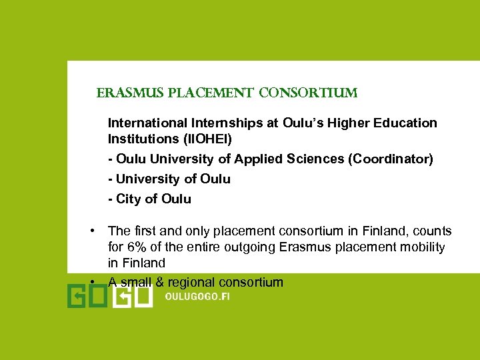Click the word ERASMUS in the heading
pyautogui.click(x=123, y=93)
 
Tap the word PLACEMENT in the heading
pyautogui.click(x=209, y=93)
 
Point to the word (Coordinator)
pyautogui.click(x=393, y=159)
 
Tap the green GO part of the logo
pyautogui.click(x=87, y=295)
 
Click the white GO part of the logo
pyautogui.click(x=133, y=295)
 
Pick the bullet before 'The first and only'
pyautogui.click(x=95, y=231)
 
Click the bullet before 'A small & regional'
pyautogui.click(x=95, y=281)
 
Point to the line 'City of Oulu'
pyautogui.click(x=150, y=199)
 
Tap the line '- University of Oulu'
pyautogui.click(x=169, y=179)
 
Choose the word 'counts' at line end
pyautogui.click(x=432, y=231)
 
